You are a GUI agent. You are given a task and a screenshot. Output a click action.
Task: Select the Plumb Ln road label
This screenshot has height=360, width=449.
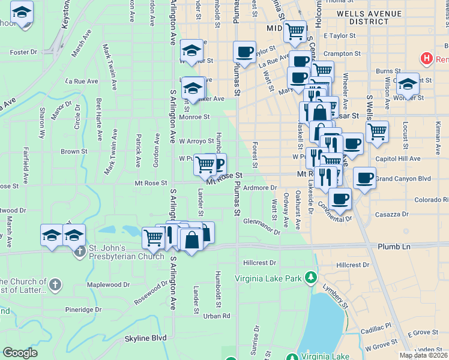click(x=394, y=247)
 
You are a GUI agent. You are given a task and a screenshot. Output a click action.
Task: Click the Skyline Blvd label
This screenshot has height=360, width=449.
click(x=145, y=338)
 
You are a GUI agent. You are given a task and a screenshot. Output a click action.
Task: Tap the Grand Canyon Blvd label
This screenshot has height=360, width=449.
click(x=404, y=179)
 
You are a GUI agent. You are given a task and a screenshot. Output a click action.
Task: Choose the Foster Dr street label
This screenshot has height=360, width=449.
click(x=23, y=52)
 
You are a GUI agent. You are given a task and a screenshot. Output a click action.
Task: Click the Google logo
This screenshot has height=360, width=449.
click(x=20, y=353)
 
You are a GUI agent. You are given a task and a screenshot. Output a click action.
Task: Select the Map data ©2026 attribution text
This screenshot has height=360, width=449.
click(x=424, y=355)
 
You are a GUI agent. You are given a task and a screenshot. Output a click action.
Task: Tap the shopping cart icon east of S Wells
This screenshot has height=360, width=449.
click(x=377, y=131)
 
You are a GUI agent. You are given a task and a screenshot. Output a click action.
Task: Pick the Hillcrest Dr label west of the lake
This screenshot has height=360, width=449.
click(x=259, y=263)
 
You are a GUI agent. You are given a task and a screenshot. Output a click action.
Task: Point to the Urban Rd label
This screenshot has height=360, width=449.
click(x=217, y=316)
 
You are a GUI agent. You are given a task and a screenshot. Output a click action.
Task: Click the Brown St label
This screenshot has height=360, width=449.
click(x=74, y=152)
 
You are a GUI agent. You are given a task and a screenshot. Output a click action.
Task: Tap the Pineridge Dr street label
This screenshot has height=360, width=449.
click(x=80, y=310)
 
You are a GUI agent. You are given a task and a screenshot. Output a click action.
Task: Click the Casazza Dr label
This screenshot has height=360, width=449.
click(x=391, y=214)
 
